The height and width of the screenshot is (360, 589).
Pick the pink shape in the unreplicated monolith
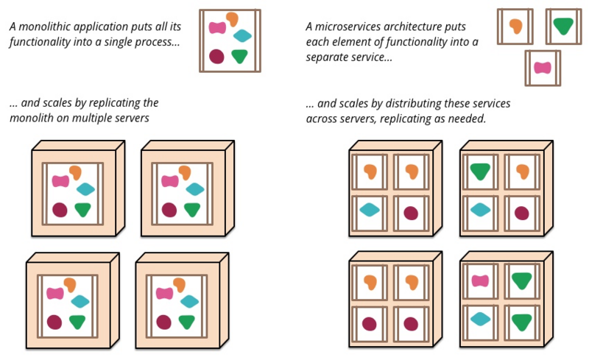217,28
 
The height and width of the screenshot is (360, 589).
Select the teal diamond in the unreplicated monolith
242,35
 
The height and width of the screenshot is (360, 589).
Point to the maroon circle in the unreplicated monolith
216,56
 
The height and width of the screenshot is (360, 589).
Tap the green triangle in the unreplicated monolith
239,55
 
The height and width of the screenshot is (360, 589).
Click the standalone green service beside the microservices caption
563,26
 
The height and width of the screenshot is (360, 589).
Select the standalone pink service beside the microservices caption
543,68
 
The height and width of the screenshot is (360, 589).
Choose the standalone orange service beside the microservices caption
515,26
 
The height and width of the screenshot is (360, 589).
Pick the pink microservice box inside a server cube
480,280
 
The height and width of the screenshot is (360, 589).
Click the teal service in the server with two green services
480,318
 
